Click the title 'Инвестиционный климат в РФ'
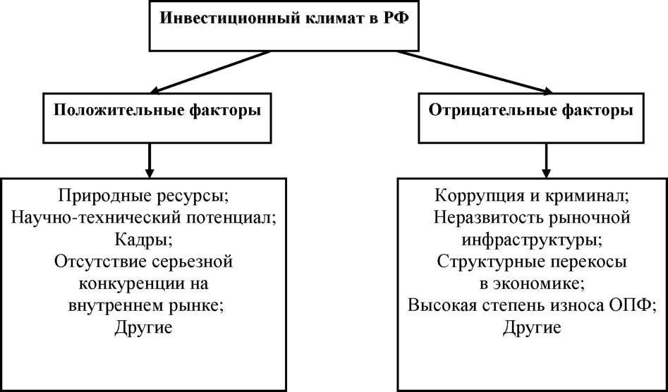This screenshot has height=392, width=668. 284,20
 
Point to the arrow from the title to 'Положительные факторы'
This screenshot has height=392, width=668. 211,71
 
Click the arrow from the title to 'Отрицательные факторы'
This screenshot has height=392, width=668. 474,71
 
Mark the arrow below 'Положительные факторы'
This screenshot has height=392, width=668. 149,160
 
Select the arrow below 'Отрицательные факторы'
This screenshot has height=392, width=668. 546,160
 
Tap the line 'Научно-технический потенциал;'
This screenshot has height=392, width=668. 144,218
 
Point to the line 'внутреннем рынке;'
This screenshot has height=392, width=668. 147,306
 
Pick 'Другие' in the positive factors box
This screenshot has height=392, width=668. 143,328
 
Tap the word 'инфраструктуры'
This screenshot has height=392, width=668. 529,240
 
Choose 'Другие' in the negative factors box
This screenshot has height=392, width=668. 532,328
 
